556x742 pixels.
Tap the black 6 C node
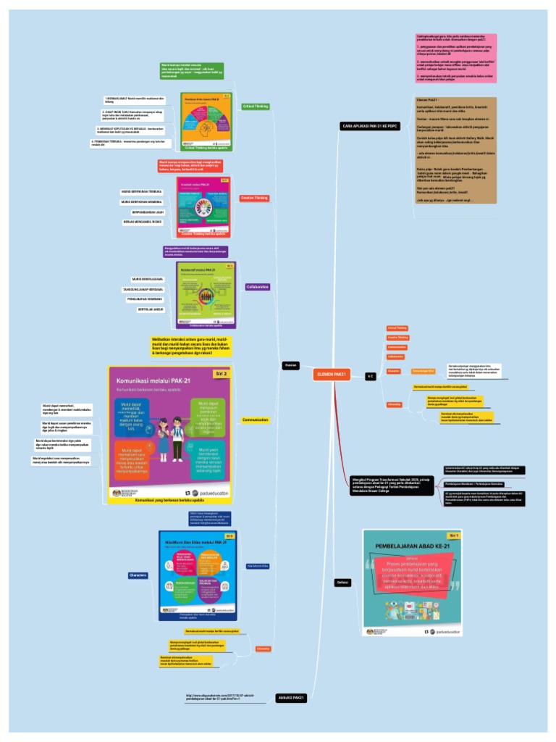pos(370,376)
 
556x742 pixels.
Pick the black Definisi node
pos(343,583)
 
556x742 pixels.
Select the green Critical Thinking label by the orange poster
pos(255,107)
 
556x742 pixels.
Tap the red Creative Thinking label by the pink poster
pos(255,198)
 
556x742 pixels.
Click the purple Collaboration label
pos(258,287)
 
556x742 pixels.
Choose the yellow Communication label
pos(256,420)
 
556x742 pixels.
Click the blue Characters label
pos(138,575)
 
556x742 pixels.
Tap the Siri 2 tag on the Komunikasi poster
pos(221,374)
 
